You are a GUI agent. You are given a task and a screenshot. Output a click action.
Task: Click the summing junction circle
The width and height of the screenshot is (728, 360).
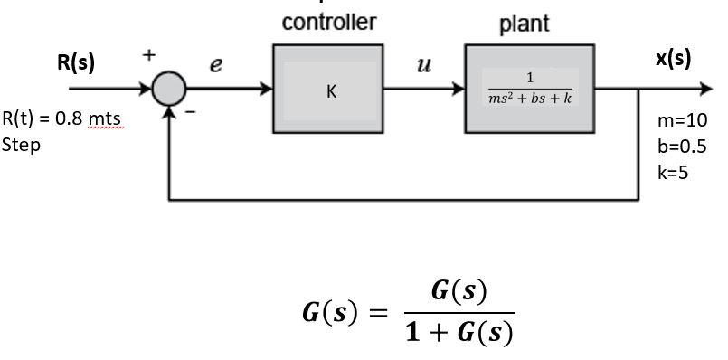pyautogui.click(x=168, y=90)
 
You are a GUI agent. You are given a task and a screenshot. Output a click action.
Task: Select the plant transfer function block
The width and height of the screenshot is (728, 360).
pyautogui.click(x=530, y=89)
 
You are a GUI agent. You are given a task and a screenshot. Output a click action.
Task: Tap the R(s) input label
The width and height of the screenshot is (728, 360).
pyautogui.click(x=76, y=62)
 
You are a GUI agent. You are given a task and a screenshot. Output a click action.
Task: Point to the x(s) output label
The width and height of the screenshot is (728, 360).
pyautogui.click(x=673, y=59)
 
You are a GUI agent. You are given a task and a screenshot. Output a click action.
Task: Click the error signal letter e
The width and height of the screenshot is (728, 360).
pyautogui.click(x=215, y=65)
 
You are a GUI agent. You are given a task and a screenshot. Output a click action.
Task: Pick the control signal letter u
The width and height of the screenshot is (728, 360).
pyautogui.click(x=422, y=65)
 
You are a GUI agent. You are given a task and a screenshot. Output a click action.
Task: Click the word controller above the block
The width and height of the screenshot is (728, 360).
pyautogui.click(x=329, y=23)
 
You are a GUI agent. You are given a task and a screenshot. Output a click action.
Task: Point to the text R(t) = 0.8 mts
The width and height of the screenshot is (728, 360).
pyautogui.click(x=61, y=119)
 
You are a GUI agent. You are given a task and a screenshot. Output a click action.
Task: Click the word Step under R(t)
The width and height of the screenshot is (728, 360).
pyautogui.click(x=21, y=145)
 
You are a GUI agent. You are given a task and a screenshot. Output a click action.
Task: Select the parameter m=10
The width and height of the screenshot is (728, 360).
pyautogui.click(x=684, y=120)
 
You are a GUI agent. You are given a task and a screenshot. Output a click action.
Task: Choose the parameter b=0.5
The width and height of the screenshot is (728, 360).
pyautogui.click(x=683, y=147)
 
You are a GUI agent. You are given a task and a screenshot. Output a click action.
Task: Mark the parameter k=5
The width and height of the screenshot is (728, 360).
pyautogui.click(x=674, y=173)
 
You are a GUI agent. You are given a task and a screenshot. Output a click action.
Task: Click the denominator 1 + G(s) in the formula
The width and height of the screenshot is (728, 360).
pyautogui.click(x=459, y=332)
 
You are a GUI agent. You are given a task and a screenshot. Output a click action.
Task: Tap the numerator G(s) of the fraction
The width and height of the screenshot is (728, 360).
pyautogui.click(x=459, y=291)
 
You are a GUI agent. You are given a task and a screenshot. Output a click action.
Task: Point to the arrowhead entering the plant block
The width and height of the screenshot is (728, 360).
pyautogui.click(x=459, y=90)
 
